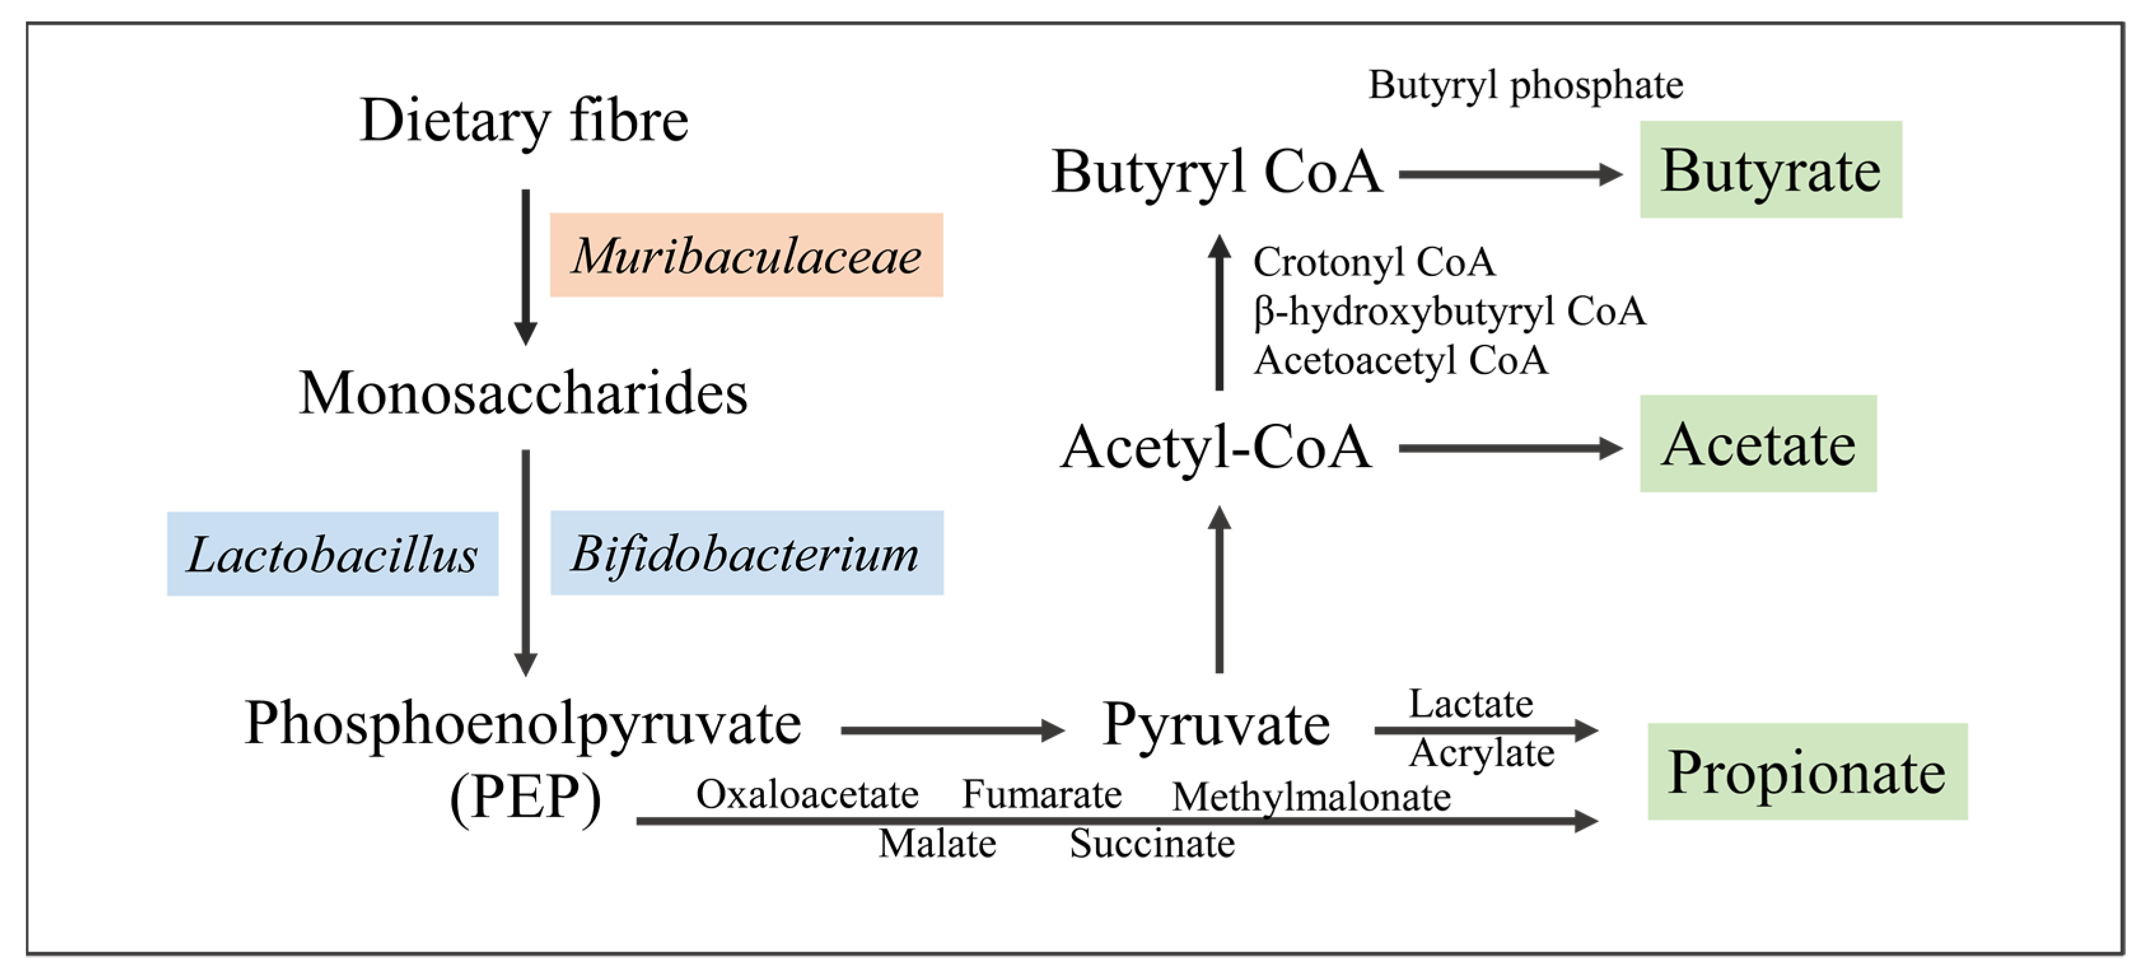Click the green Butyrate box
pos(1770,170)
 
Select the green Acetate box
pos(1758,444)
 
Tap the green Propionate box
pos(1807,772)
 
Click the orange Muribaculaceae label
pos(746,255)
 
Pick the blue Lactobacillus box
pos(333,554)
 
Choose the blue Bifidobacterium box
pos(746,554)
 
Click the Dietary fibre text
pos(524,120)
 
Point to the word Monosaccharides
pos(524,393)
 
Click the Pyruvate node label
pos(1216,723)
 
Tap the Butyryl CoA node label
pos(1216,172)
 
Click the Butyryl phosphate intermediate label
pos(1525,85)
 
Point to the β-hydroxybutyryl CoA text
pos(1449,311)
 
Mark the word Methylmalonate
pos(1311,797)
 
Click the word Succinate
pos(1152,844)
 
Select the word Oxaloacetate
pos(807,794)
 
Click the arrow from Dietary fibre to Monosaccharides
pos(525,267)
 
